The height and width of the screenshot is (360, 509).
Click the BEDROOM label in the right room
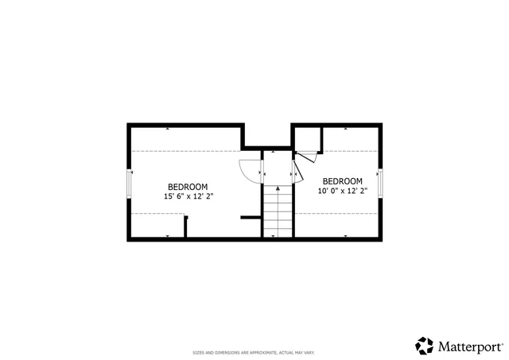(x=343, y=181)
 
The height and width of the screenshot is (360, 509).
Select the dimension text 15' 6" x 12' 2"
(x=188, y=195)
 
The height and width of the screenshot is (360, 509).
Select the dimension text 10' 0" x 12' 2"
(x=343, y=192)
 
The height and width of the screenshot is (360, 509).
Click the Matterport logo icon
(x=425, y=346)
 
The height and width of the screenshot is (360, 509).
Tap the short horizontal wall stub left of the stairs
(x=251, y=217)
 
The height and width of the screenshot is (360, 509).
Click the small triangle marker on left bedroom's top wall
(x=167, y=128)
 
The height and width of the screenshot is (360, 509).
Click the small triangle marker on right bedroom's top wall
(x=346, y=128)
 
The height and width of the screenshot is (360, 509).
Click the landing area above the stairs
(x=278, y=167)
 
